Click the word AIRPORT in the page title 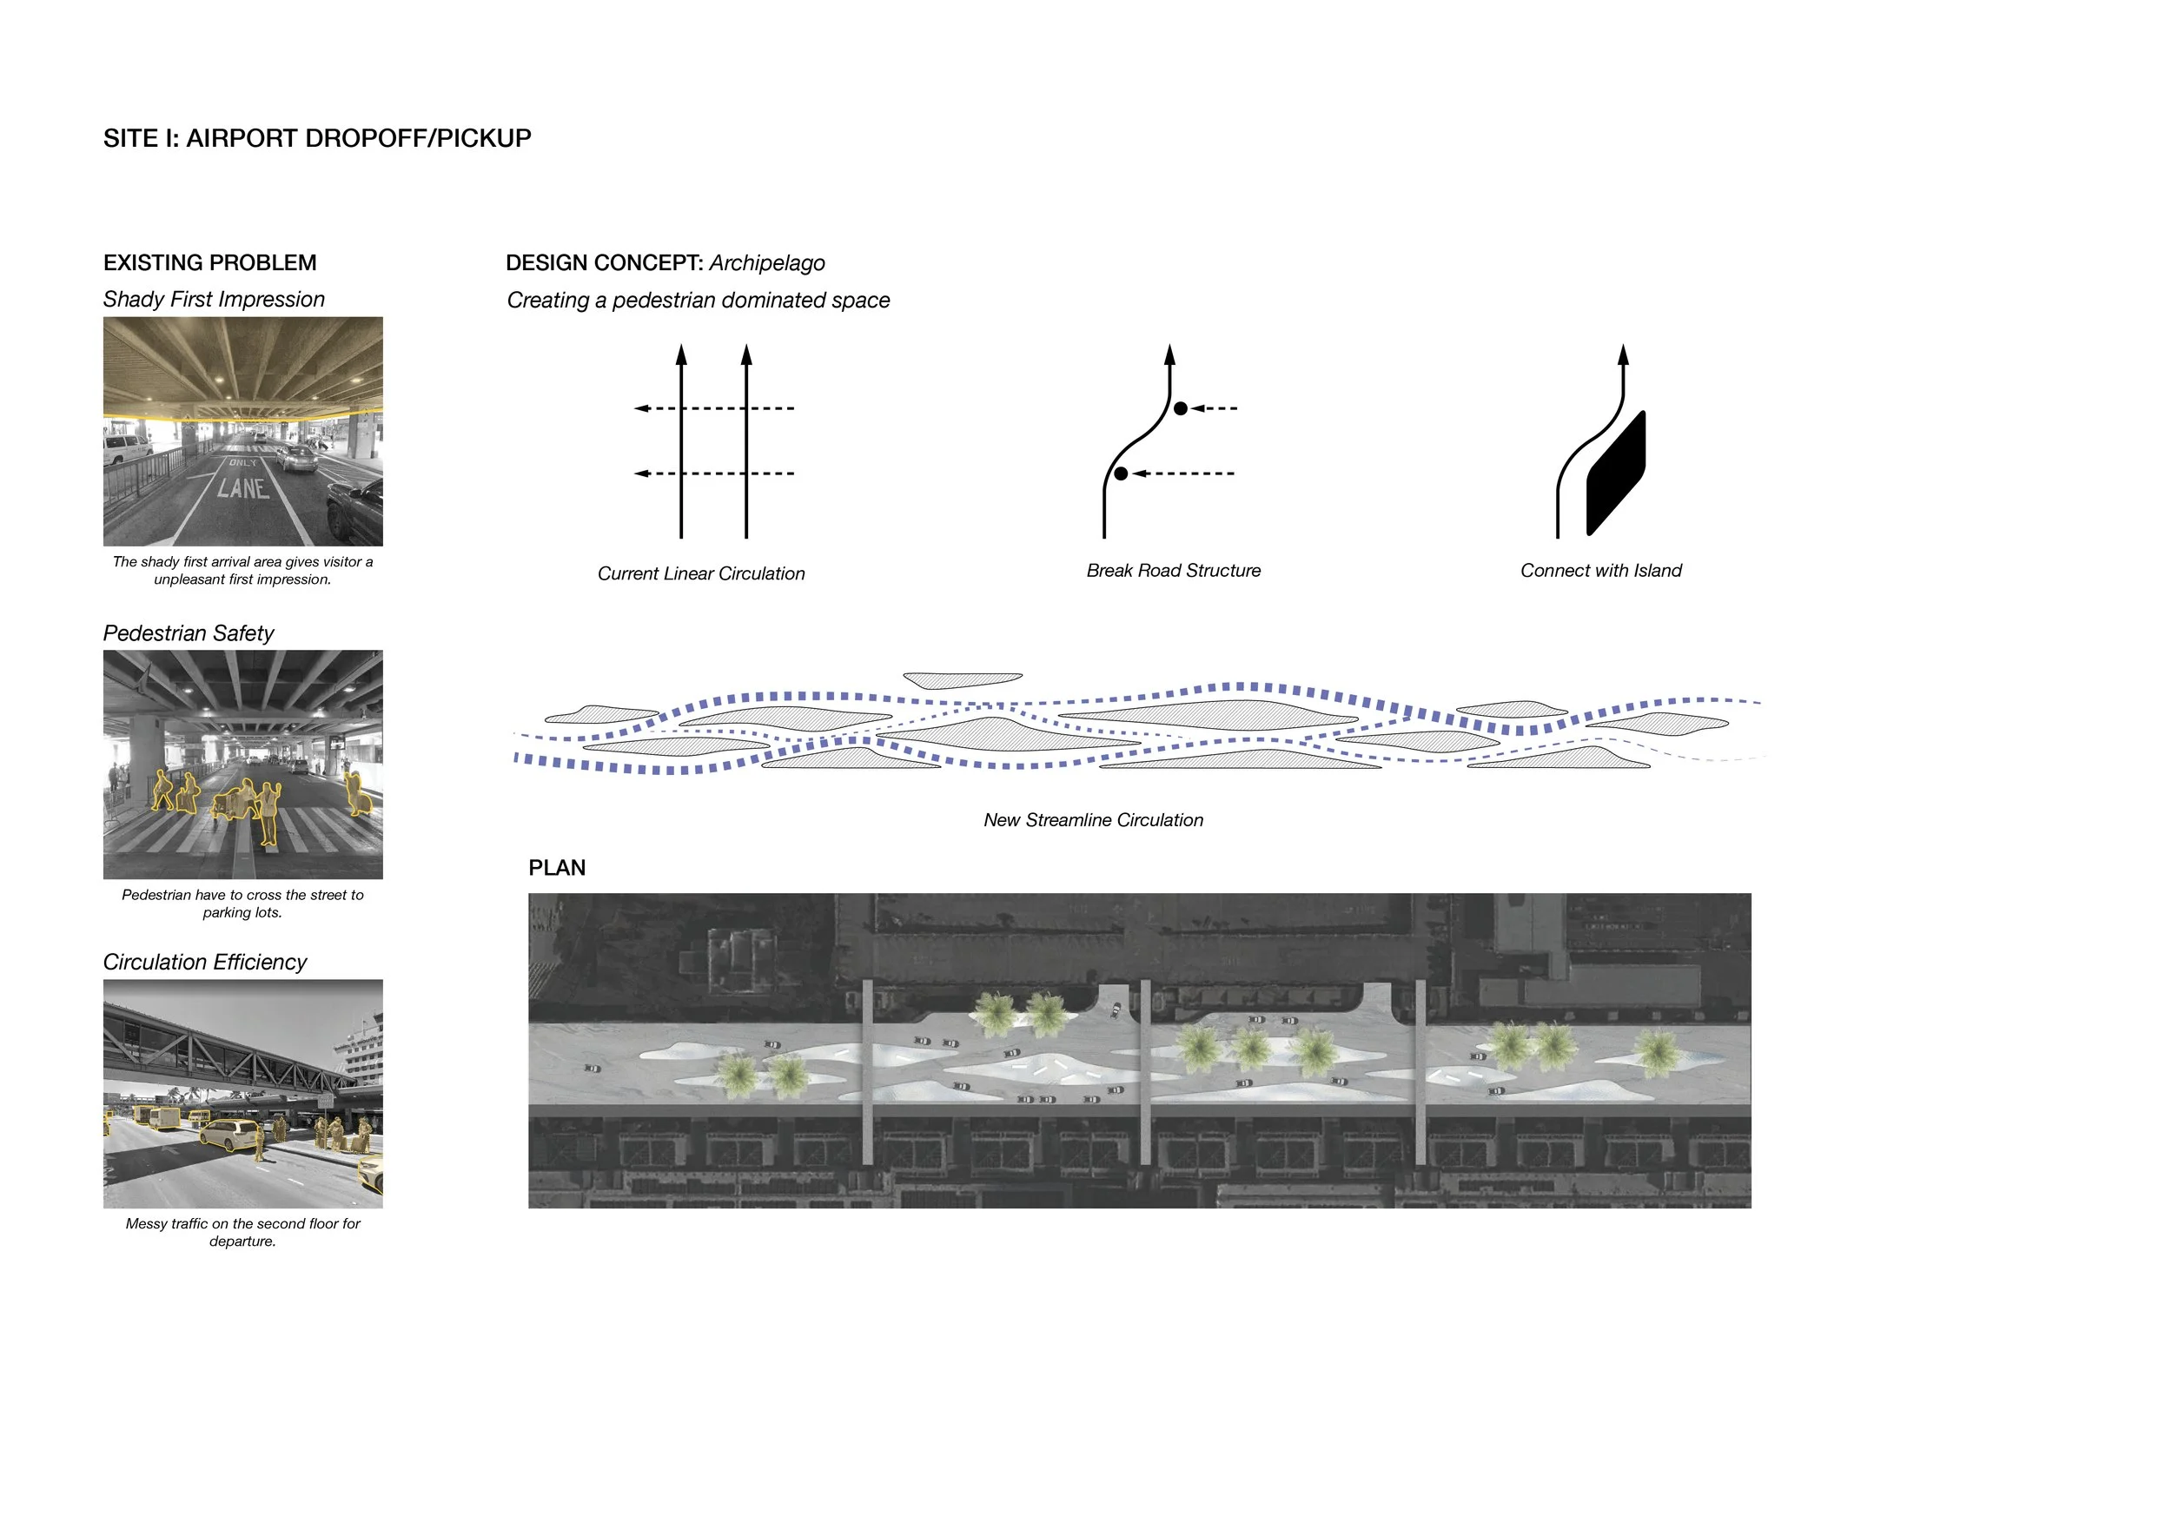242,139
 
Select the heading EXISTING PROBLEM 210,263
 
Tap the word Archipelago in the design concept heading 766,263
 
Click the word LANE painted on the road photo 243,488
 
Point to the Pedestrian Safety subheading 189,633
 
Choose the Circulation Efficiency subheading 204,962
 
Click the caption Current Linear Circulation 701,574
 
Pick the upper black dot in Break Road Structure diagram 1181,408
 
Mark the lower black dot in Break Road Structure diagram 1121,473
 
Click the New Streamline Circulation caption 1093,821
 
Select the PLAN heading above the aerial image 557,868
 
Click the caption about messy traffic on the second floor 243,1233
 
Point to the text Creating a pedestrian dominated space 699,301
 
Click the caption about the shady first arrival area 243,570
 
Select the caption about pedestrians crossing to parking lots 243,904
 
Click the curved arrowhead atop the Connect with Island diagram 1623,355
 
